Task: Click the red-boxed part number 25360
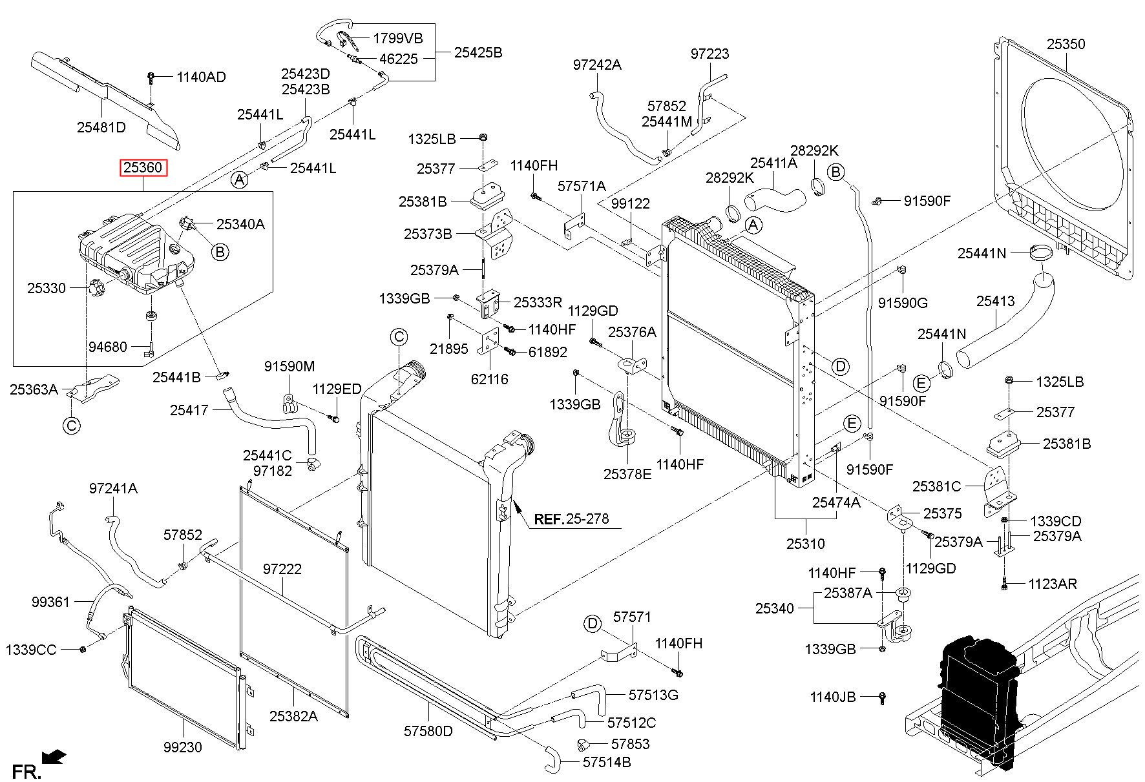click(x=143, y=168)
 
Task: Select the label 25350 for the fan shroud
click(x=1066, y=44)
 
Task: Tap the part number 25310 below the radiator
click(x=805, y=544)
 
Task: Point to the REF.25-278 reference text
click(x=571, y=519)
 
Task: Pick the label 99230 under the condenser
click(x=182, y=747)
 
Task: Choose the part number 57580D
click(x=428, y=731)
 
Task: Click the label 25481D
click(x=101, y=127)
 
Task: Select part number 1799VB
click(x=398, y=38)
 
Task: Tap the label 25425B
click(x=478, y=52)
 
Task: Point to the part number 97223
click(x=709, y=54)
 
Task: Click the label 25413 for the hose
click(x=995, y=301)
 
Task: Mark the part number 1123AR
click(x=1053, y=584)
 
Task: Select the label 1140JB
click(x=833, y=697)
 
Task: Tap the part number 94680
click(x=108, y=347)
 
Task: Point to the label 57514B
click(x=607, y=762)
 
